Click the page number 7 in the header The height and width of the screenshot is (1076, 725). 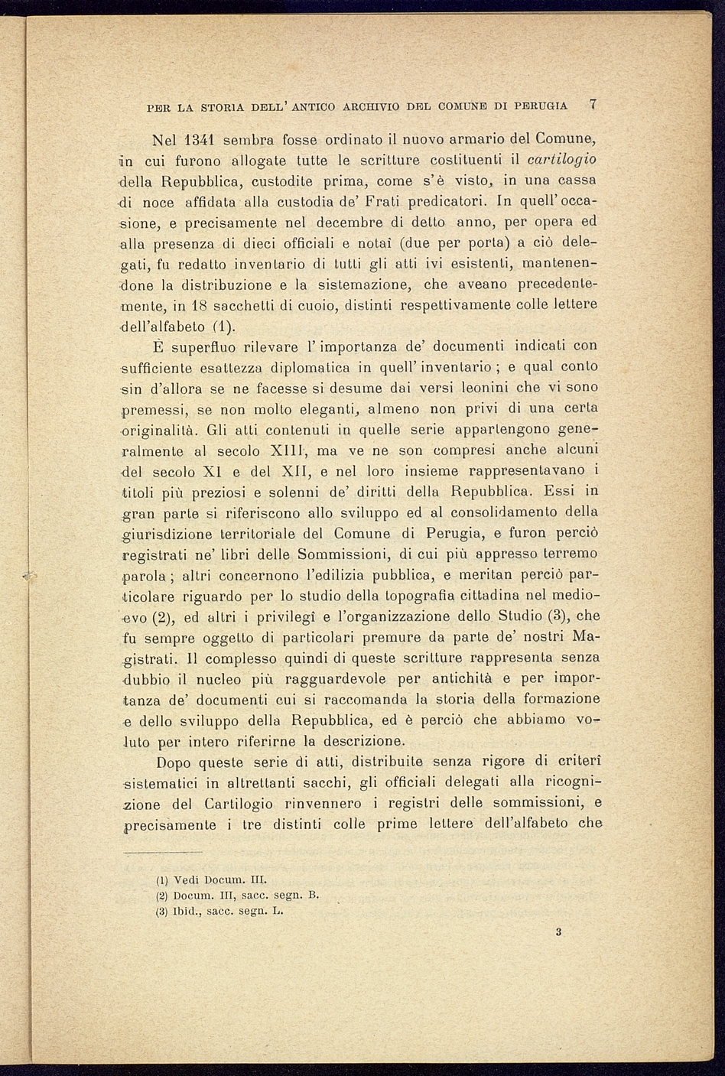[593, 105]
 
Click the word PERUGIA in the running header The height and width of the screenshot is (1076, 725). [541, 106]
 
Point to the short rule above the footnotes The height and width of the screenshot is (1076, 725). [163, 851]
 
